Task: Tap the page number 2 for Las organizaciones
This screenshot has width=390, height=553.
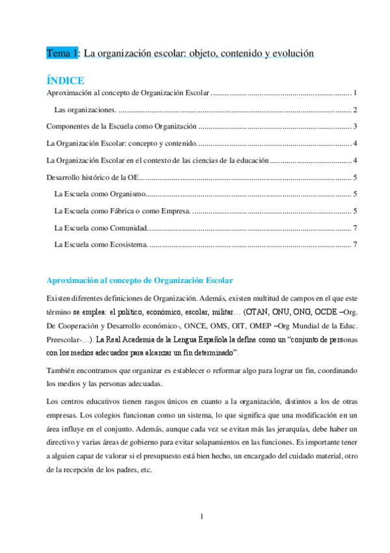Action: tap(354, 109)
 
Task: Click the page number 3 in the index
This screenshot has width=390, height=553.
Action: tap(354, 126)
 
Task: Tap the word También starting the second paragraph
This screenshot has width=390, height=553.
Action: tap(60, 370)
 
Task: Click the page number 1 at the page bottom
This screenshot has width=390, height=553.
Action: tap(202, 517)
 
